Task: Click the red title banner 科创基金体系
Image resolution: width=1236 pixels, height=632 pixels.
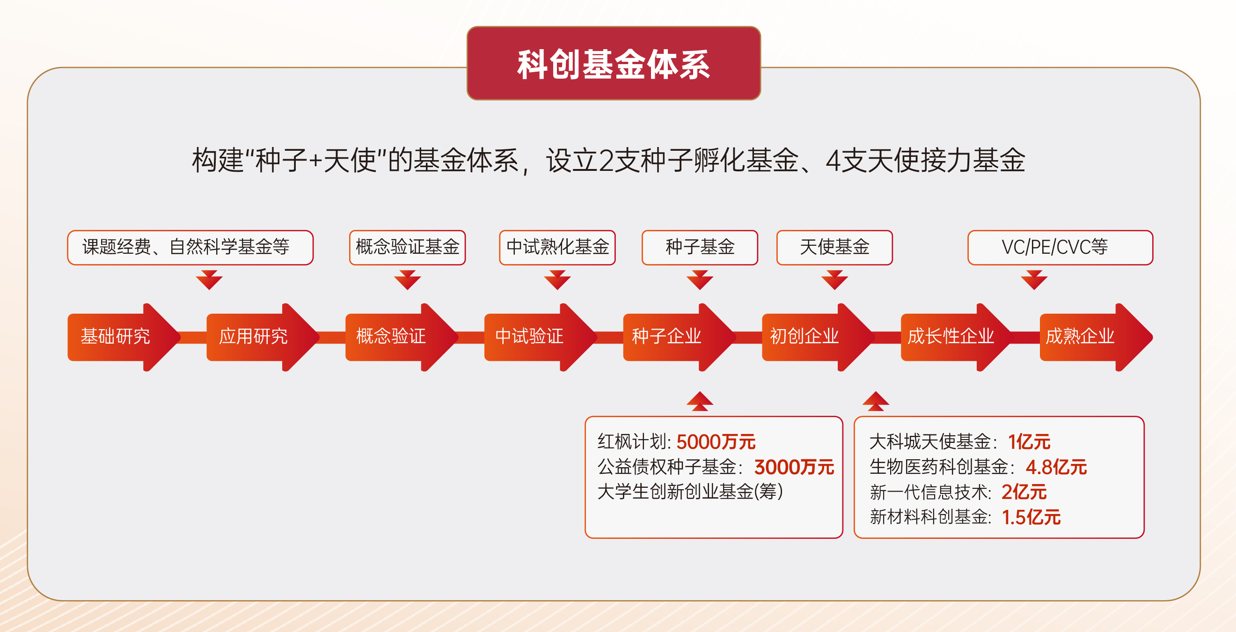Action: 613,63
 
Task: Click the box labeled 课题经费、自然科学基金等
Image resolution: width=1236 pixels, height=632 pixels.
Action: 190,248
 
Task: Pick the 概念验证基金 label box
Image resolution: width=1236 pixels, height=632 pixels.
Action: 407,248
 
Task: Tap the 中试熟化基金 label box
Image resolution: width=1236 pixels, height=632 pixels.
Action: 557,248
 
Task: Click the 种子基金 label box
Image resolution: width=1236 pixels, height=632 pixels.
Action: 700,248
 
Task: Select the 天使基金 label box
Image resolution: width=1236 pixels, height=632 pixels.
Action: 834,248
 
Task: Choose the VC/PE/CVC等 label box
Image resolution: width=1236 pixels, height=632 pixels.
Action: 1060,248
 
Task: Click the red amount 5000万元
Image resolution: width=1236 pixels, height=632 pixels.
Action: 716,442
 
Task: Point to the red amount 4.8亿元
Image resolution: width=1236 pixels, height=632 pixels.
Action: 1056,467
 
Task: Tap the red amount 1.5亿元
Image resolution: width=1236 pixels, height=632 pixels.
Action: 1031,517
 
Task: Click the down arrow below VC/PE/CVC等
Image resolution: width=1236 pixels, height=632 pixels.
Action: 1034,280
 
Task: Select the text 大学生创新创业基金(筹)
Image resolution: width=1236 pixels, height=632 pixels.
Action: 690,492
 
